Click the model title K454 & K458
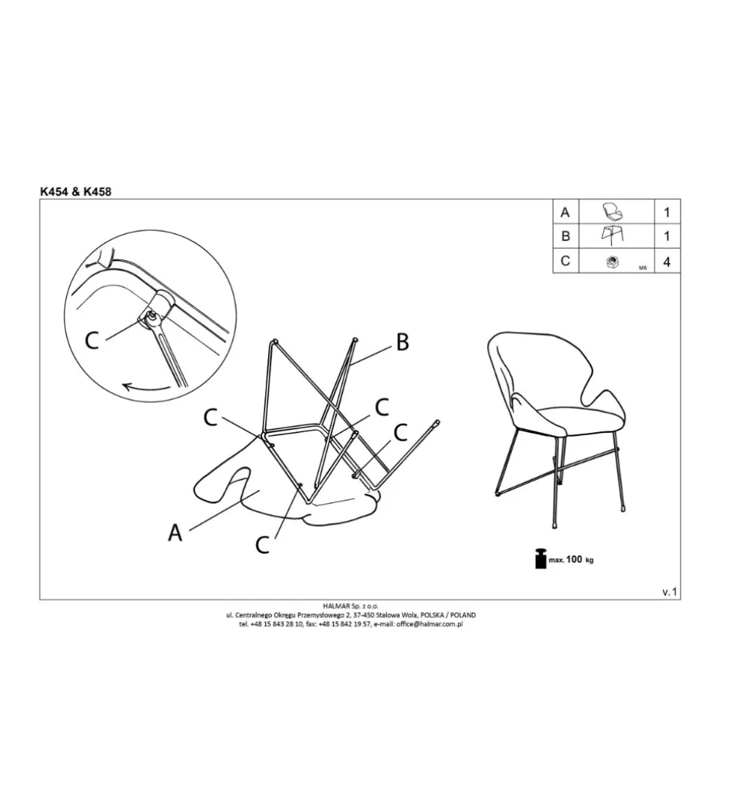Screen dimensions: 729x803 point(75,191)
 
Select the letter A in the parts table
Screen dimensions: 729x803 point(565,212)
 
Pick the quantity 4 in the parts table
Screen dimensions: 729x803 point(667,262)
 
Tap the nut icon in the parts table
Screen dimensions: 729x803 point(611,262)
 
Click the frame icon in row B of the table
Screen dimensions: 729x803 point(613,236)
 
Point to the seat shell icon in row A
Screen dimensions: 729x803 point(613,212)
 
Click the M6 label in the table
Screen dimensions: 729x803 point(643,268)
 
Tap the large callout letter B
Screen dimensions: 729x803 point(403,342)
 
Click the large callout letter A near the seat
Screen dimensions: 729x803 point(175,533)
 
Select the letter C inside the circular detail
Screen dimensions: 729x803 point(92,340)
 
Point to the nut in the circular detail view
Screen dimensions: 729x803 point(152,317)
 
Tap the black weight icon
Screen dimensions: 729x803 point(541,558)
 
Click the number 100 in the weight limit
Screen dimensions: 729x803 point(574,559)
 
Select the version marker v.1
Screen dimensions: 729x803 point(670,592)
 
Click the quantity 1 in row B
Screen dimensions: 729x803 point(667,236)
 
